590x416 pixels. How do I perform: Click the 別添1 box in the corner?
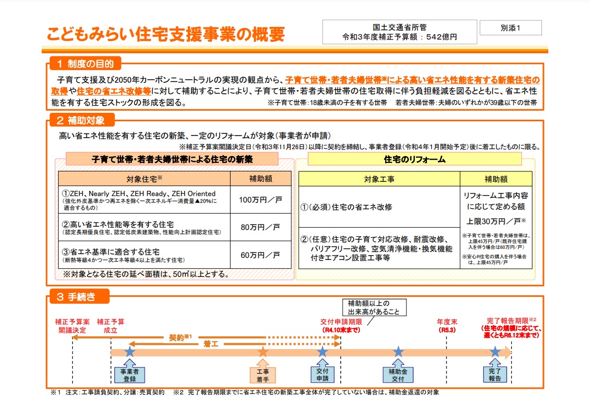click(511, 28)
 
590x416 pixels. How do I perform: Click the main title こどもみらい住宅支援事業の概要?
click(166, 34)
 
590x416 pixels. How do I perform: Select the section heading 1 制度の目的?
click(85, 63)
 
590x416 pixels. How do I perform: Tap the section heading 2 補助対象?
click(82, 120)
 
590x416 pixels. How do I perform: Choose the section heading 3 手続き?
click(79, 296)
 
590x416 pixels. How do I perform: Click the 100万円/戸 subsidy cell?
click(260, 199)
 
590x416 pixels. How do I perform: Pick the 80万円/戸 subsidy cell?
click(260, 227)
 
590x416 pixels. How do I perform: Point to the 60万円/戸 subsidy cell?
click(260, 255)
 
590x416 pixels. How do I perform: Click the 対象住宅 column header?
click(145, 179)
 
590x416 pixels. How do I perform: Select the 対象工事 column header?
click(379, 179)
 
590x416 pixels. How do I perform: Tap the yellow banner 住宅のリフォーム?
click(415, 159)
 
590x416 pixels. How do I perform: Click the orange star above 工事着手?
click(263, 352)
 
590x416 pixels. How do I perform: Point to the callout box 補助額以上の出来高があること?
click(374, 307)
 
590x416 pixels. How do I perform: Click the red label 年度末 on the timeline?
click(446, 322)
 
